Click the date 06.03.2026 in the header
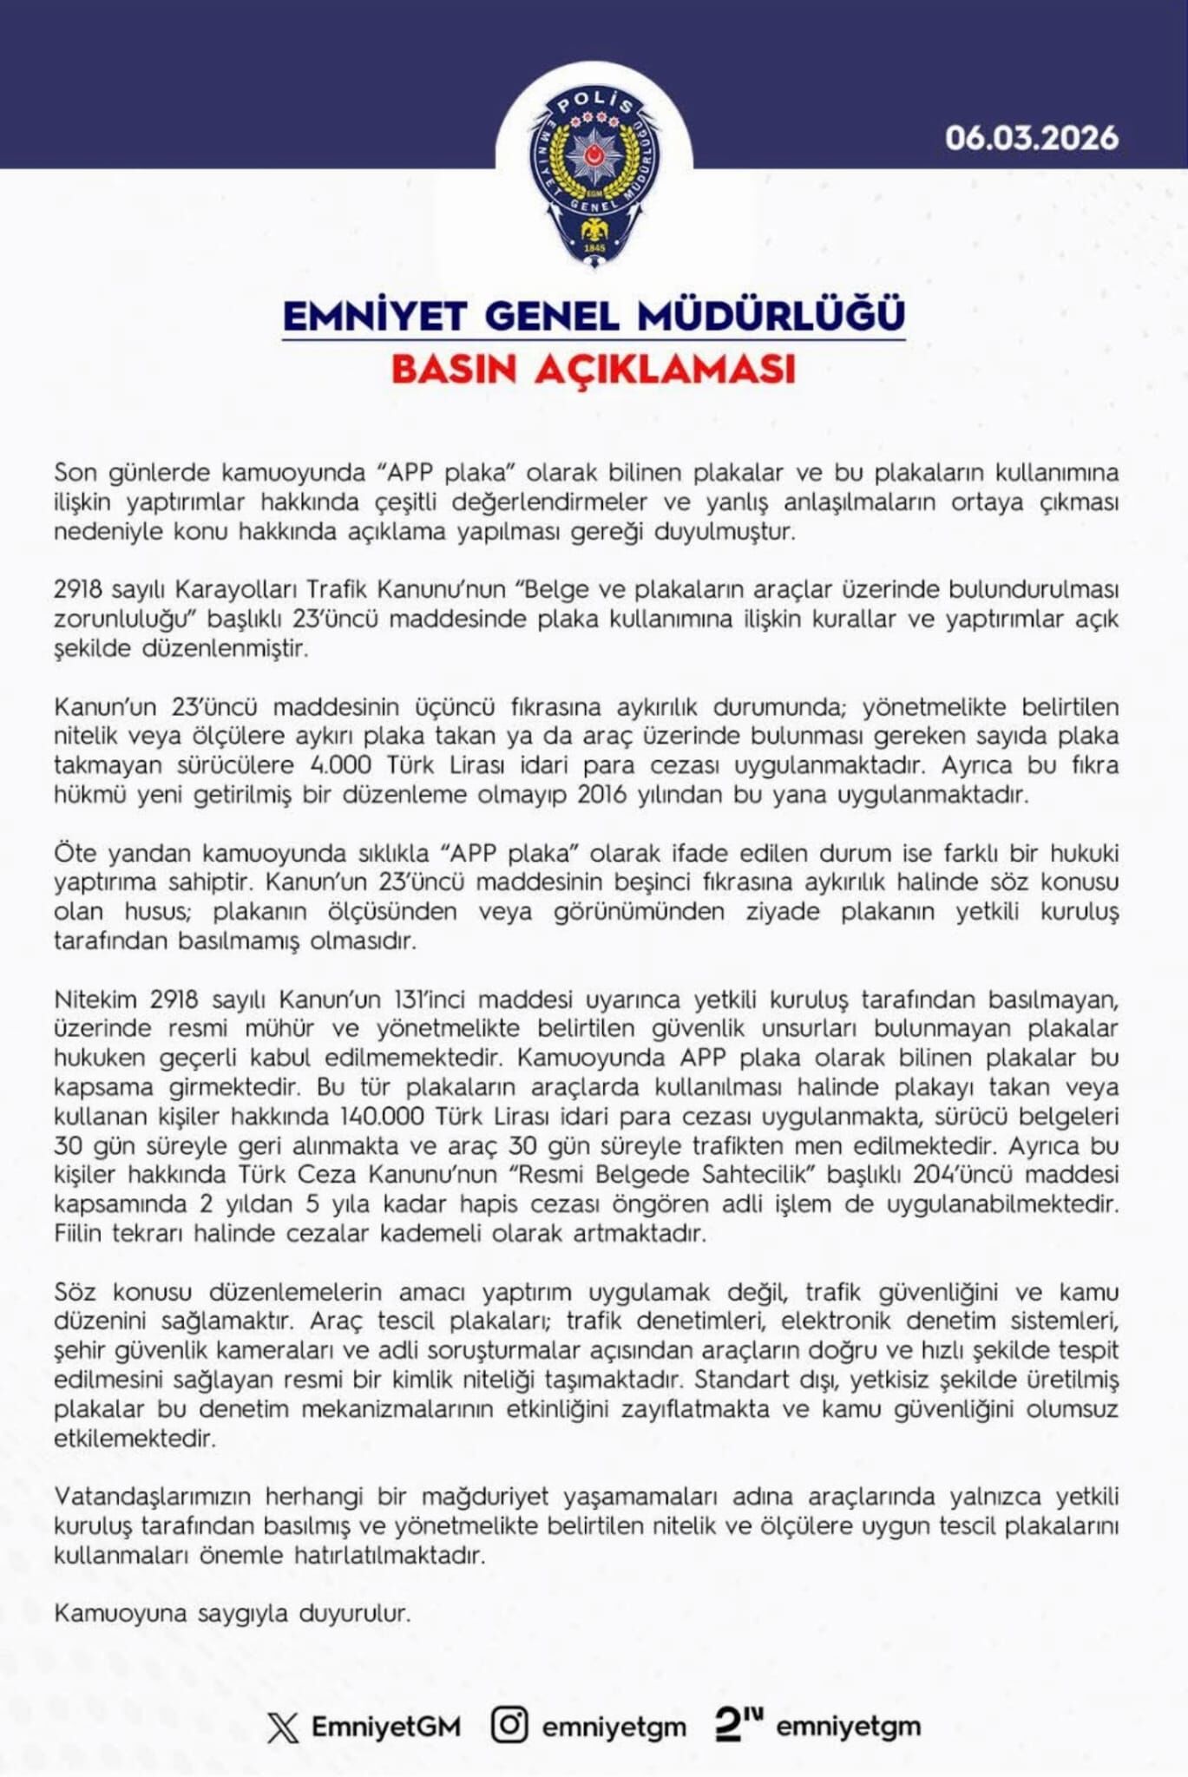click(x=1031, y=138)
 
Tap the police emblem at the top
click(x=594, y=177)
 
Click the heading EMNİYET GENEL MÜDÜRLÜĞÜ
click(x=594, y=316)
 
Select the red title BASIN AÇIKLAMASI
click(x=594, y=369)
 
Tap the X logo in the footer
click(x=283, y=1727)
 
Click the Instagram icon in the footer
click(x=509, y=1724)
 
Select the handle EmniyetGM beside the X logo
click(x=386, y=1727)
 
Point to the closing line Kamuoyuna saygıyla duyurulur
click(x=232, y=1614)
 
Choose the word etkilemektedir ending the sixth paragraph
click(x=135, y=1439)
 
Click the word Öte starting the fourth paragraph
click(x=75, y=853)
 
